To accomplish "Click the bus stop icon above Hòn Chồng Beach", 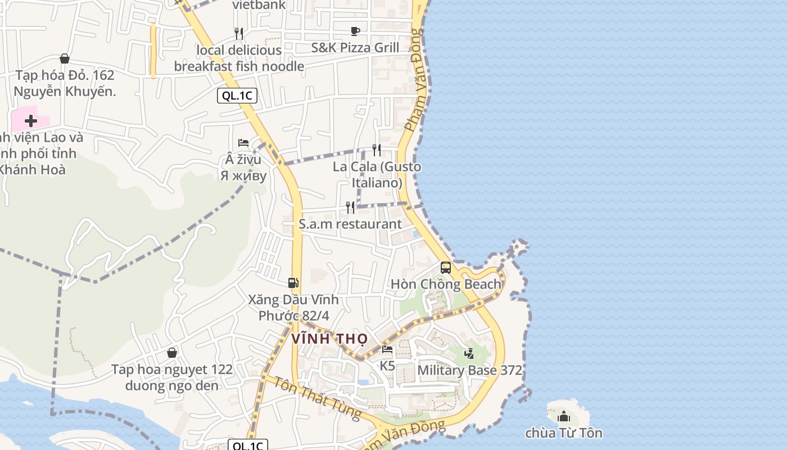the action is click(446, 268).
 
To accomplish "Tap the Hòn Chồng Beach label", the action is click(446, 284).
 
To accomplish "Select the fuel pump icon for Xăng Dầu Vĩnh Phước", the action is click(293, 283).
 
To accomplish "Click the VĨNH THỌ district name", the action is click(329, 339).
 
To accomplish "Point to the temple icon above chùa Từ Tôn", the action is click(564, 416).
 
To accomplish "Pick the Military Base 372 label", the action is click(469, 370).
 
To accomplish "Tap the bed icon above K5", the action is click(387, 349).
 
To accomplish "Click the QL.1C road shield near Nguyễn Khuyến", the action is click(237, 96).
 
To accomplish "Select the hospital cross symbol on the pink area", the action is click(31, 120).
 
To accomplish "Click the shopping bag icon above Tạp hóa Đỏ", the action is click(65, 58).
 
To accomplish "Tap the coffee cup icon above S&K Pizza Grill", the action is click(355, 31).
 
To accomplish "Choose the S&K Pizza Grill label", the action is click(355, 48).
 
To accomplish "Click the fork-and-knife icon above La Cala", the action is click(377, 150).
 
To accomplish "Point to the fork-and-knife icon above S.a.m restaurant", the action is click(350, 208).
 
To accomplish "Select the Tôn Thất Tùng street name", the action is click(318, 398).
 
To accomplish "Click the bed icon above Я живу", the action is click(243, 143).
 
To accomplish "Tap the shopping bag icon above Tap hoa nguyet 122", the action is click(172, 353).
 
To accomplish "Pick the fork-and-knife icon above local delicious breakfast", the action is click(239, 34).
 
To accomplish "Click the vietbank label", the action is click(259, 5).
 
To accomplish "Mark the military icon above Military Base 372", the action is click(469, 353).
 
